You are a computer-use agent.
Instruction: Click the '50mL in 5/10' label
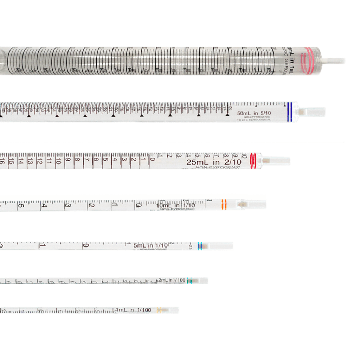(253, 113)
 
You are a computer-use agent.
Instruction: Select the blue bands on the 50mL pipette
(289, 112)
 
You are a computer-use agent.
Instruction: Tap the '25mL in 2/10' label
(214, 162)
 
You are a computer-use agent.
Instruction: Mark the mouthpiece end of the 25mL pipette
(278, 161)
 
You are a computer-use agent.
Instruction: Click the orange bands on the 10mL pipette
(224, 204)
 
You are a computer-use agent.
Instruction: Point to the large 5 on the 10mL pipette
(21, 206)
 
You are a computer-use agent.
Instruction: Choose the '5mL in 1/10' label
(150, 245)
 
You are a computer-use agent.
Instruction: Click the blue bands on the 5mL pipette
(200, 246)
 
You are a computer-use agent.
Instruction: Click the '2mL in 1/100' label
(172, 280)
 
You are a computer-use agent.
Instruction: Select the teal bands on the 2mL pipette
(189, 281)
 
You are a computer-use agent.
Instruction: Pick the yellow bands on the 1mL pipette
(159, 310)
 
